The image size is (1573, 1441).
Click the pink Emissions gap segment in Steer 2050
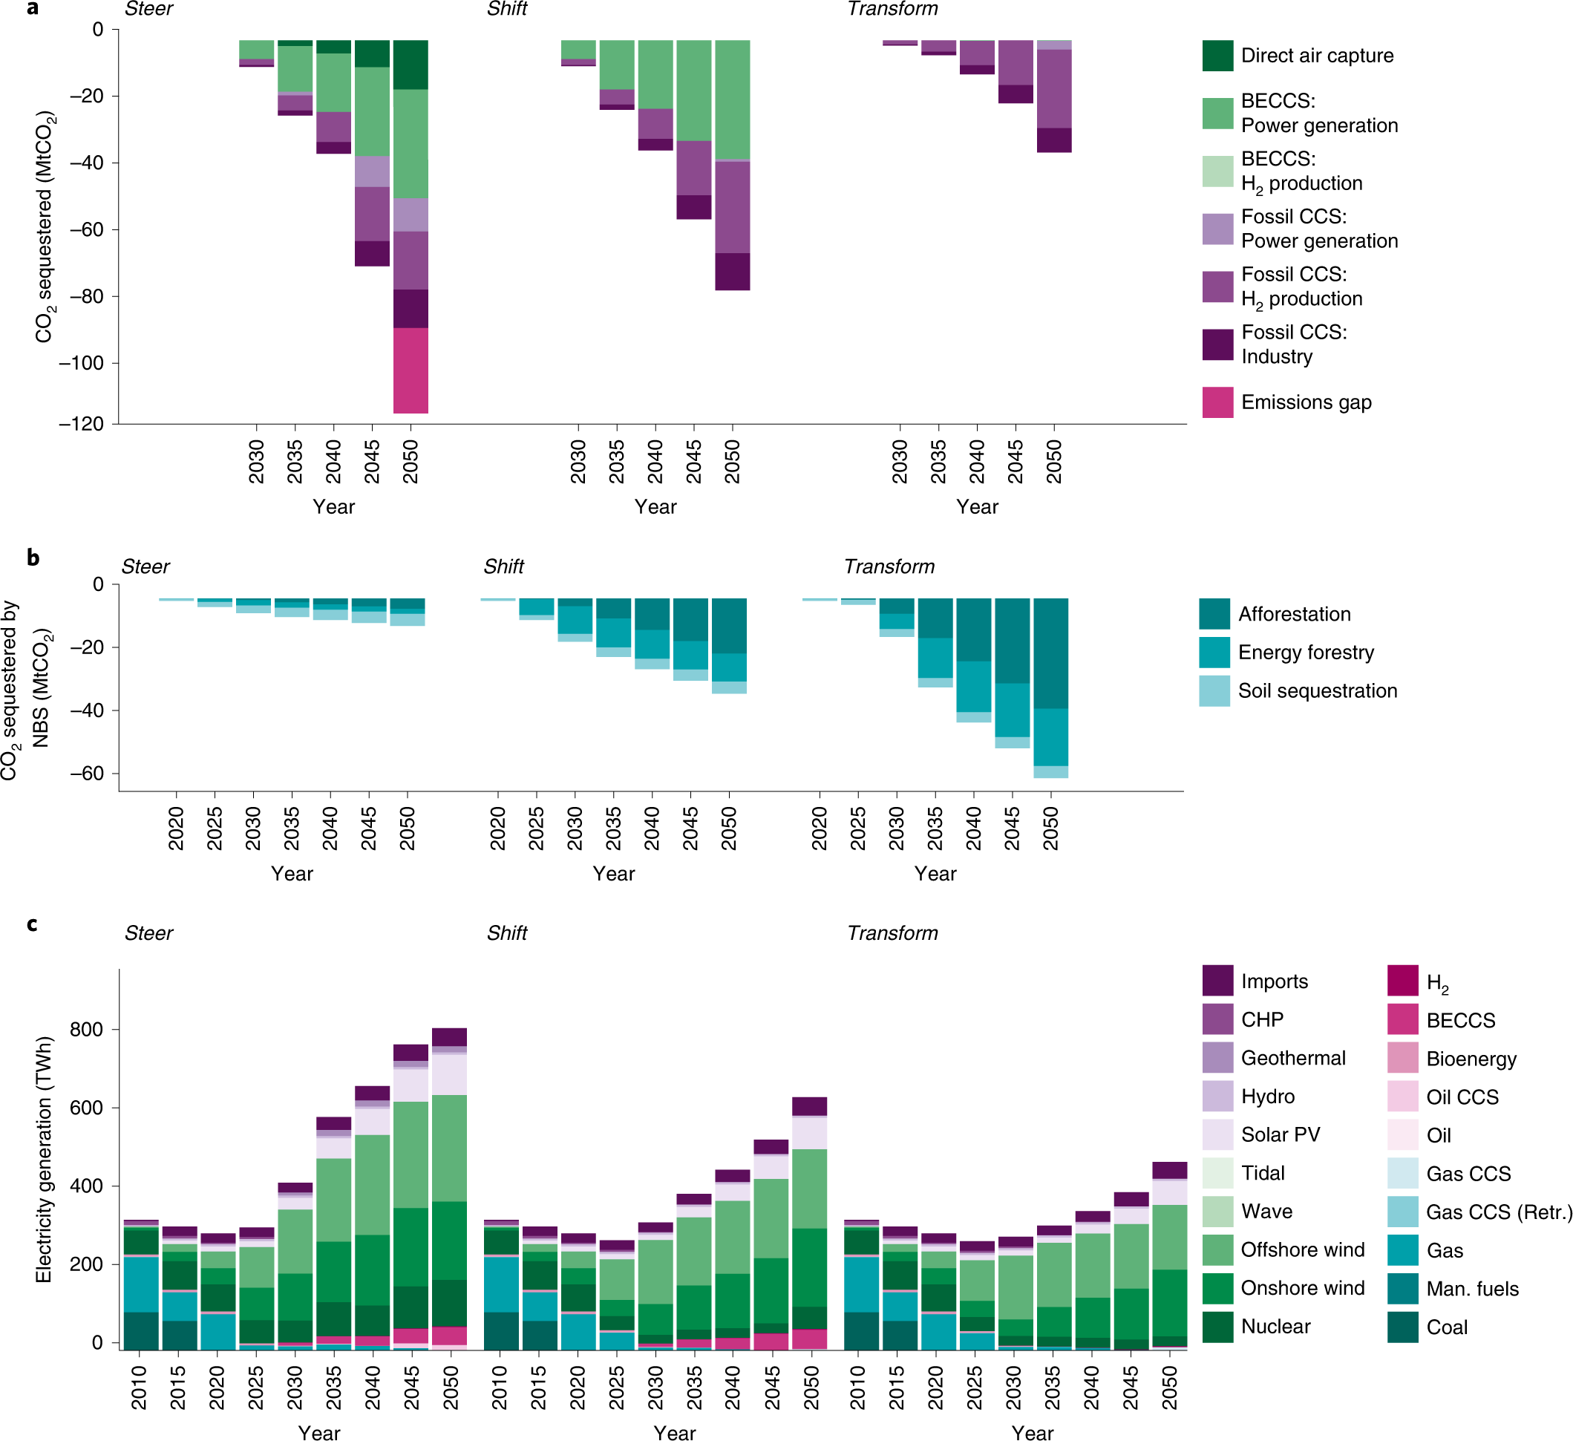point(411,370)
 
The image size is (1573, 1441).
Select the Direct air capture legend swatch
point(1217,56)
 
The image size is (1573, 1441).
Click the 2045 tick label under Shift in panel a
point(693,461)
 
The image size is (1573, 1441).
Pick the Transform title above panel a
point(892,10)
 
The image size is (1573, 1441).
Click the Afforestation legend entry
point(1294,614)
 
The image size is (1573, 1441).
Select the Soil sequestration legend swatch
point(1214,691)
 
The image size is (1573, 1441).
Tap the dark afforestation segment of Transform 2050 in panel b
point(1050,653)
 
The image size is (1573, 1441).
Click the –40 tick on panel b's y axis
point(87,710)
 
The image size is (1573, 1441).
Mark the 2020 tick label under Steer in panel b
point(177,829)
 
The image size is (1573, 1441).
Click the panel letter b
point(33,557)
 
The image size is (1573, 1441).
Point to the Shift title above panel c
point(506,933)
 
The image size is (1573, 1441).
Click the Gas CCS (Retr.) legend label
point(1498,1212)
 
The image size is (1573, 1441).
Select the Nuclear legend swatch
point(1217,1327)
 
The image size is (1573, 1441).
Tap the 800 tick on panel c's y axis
point(87,1030)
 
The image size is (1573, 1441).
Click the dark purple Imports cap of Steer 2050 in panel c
point(449,1037)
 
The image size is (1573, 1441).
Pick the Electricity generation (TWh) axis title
point(44,1160)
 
